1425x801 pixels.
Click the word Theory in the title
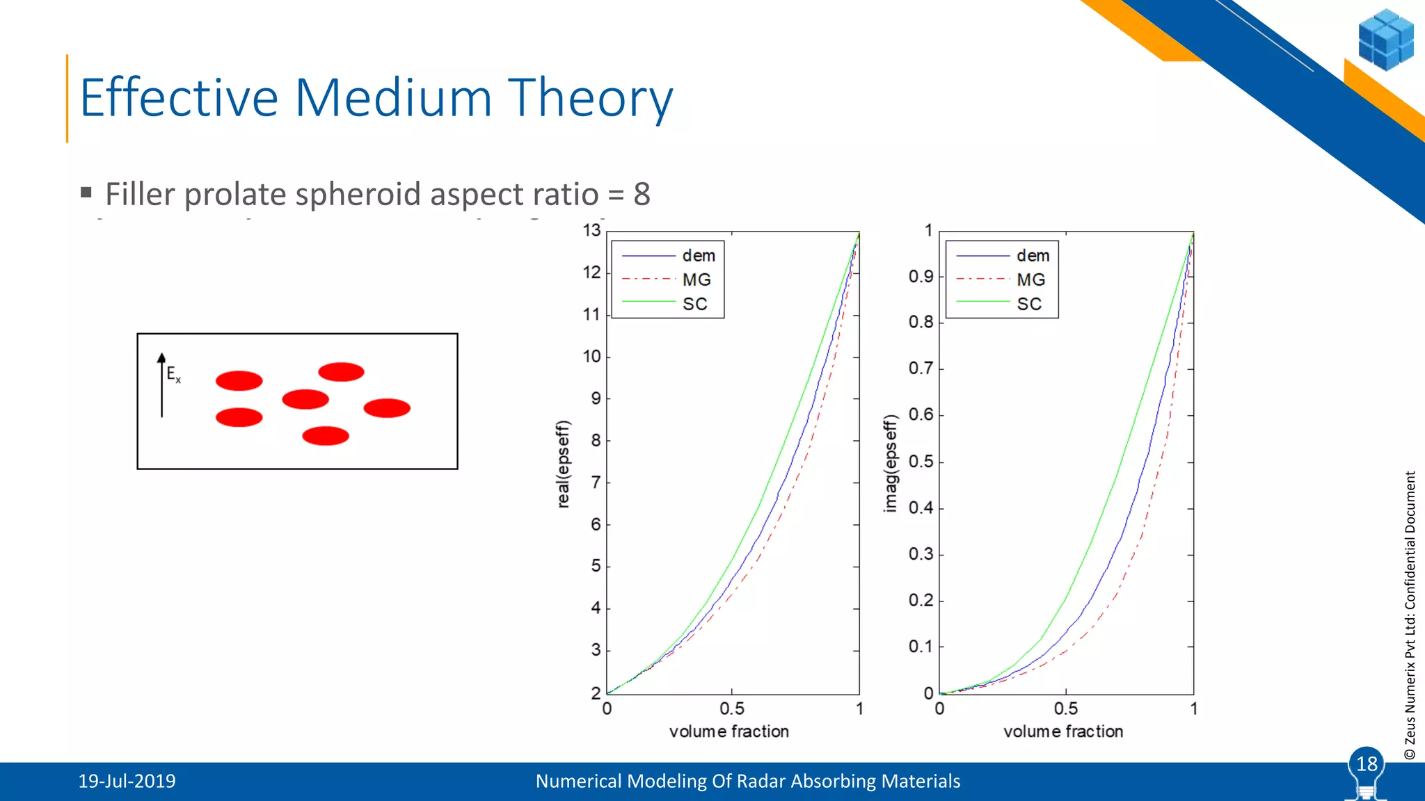(590, 98)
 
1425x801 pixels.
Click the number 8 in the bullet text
(642, 194)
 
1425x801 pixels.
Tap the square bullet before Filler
(86, 192)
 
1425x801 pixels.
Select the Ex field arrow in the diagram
(162, 385)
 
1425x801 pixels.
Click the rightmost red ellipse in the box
(387, 408)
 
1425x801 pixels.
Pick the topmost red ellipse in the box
(341, 372)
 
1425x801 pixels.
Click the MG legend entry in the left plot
(696, 280)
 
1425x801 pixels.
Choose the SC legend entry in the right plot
(1029, 304)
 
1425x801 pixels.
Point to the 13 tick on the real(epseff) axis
(591, 230)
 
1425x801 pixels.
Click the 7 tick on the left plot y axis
(596, 483)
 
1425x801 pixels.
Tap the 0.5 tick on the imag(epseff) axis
(921, 462)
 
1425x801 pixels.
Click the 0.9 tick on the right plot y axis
(921, 277)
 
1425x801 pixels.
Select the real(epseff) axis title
(564, 464)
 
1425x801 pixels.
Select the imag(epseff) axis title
(890, 464)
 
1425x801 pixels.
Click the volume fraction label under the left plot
(729, 731)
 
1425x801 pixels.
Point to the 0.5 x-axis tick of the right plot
(1065, 709)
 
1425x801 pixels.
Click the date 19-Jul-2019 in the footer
(127, 782)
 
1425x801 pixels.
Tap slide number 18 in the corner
(1367, 764)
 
